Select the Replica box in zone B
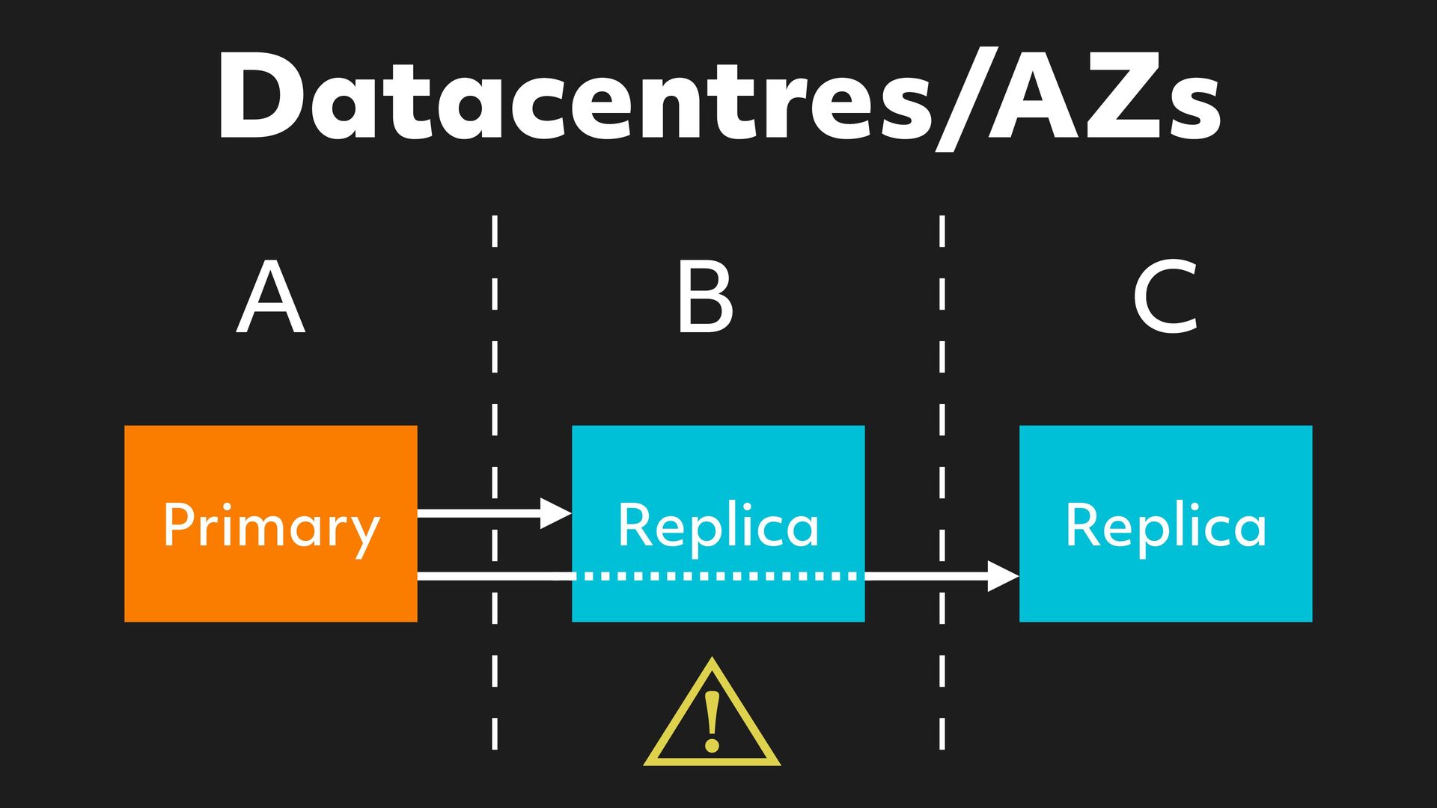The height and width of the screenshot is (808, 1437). click(718, 464)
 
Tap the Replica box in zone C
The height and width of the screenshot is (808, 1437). click(1165, 464)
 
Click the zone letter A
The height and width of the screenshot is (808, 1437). click(270, 297)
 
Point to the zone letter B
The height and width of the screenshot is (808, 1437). click(704, 297)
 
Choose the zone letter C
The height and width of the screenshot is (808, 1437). click(1165, 297)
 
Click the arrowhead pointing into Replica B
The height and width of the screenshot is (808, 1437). click(556, 513)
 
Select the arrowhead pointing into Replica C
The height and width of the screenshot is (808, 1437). click(1003, 576)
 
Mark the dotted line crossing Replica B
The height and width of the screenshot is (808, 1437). click(718, 576)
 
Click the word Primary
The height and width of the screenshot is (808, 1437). click(271, 527)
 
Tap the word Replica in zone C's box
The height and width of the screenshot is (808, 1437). click(1165, 525)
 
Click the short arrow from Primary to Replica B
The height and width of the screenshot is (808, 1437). click(479, 513)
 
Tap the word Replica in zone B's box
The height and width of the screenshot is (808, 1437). click(718, 525)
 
